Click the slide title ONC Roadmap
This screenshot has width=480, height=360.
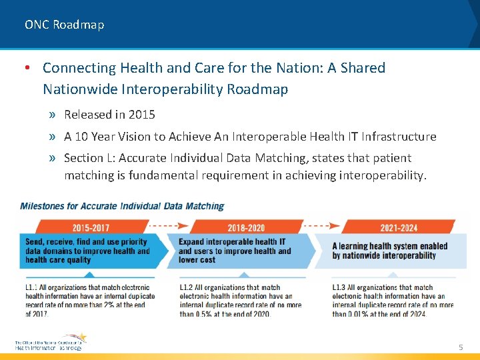[x=64, y=25]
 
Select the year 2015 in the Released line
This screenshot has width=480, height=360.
[x=142, y=115]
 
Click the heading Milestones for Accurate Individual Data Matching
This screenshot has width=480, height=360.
[x=122, y=207]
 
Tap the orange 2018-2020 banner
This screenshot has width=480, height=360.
[x=245, y=227]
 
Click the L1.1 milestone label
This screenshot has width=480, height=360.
[x=32, y=288]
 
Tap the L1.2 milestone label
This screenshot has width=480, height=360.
[x=186, y=288]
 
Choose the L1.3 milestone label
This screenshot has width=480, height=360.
[x=339, y=288]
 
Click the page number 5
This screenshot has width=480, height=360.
[x=460, y=347]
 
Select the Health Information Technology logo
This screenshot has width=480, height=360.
[x=50, y=343]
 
